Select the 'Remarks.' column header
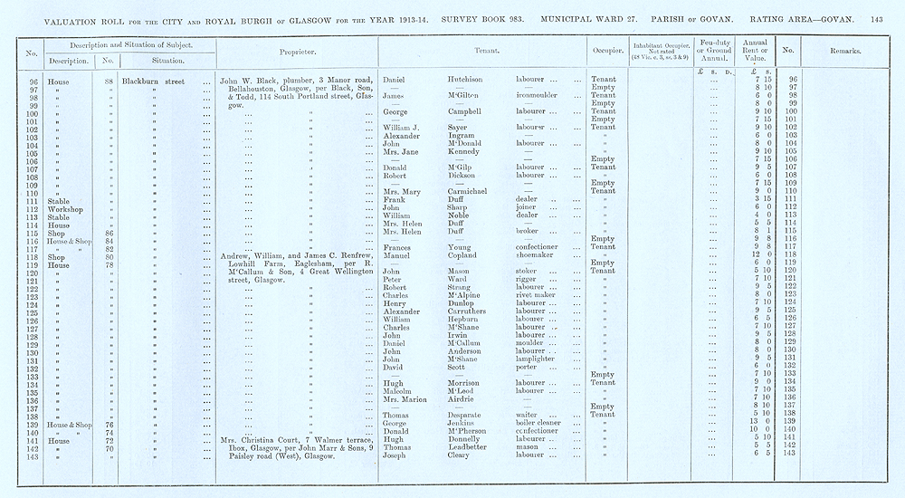point(844,52)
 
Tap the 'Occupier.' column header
point(604,51)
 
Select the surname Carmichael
point(469,191)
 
